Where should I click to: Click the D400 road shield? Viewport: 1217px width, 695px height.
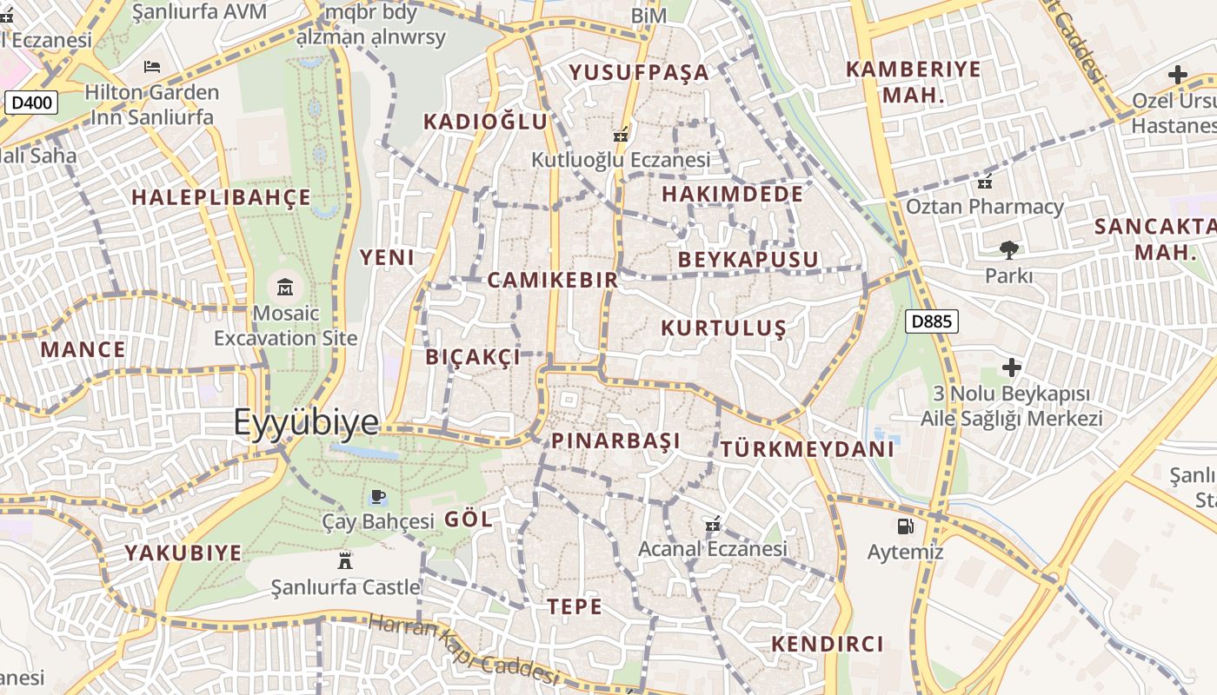(33, 103)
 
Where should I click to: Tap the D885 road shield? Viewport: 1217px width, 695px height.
(931, 321)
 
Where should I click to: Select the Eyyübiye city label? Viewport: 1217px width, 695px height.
(306, 422)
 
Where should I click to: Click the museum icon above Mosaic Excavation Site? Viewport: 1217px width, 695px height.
(284, 287)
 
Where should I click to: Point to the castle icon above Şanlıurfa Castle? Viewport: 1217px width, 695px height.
(345, 559)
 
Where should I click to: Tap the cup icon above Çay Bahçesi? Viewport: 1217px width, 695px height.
(377, 497)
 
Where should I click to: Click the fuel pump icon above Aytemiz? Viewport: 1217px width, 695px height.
(905, 526)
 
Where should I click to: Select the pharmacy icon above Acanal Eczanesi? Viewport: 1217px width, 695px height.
(712, 524)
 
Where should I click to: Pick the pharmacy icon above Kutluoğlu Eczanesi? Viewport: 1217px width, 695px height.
(621, 135)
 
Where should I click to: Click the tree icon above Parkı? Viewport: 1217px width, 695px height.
(1008, 250)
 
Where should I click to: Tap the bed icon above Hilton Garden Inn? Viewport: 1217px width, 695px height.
(152, 66)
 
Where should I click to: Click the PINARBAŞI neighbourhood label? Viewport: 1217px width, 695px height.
(615, 440)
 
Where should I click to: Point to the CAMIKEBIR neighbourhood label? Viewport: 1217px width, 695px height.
(553, 280)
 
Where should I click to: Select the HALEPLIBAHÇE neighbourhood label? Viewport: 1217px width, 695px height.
(221, 197)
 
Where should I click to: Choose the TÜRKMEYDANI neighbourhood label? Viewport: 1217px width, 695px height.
(807, 449)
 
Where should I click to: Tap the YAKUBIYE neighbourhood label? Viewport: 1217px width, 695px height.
(183, 553)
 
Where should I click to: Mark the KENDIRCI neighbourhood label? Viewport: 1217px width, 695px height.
(828, 644)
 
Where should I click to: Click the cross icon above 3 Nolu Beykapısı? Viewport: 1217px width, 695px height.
(1011, 367)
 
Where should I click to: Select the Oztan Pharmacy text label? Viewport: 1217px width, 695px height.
(985, 207)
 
